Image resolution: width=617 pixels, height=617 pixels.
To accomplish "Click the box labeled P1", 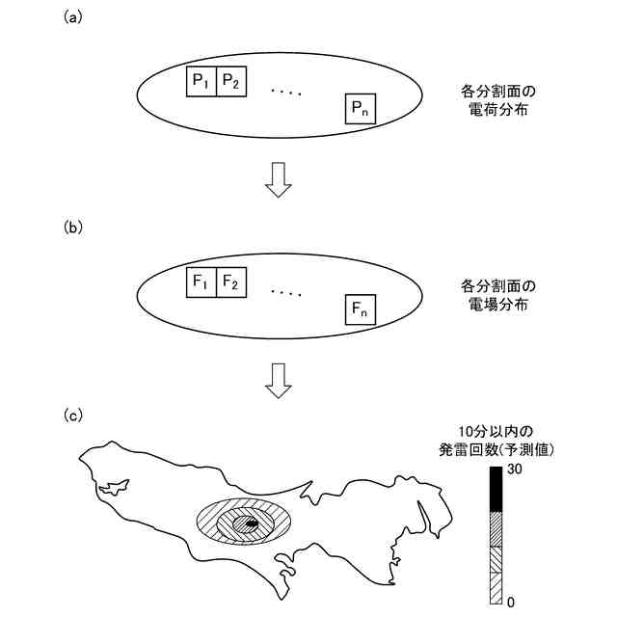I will tap(201, 83).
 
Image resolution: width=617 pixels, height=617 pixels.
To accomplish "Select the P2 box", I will tap(231, 83).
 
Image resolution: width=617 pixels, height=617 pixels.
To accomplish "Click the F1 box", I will tap(201, 284).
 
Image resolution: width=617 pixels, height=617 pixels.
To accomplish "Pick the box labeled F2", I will tap(231, 284).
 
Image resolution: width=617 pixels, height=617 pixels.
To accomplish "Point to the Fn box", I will tap(361, 310).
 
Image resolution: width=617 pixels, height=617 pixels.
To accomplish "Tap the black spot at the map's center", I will tap(249, 523).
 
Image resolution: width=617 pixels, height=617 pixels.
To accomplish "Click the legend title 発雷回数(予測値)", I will tap(498, 448).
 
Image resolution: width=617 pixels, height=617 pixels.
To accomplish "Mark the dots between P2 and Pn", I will tap(286, 92).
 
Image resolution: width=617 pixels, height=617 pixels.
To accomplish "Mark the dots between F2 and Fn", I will tap(286, 292).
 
